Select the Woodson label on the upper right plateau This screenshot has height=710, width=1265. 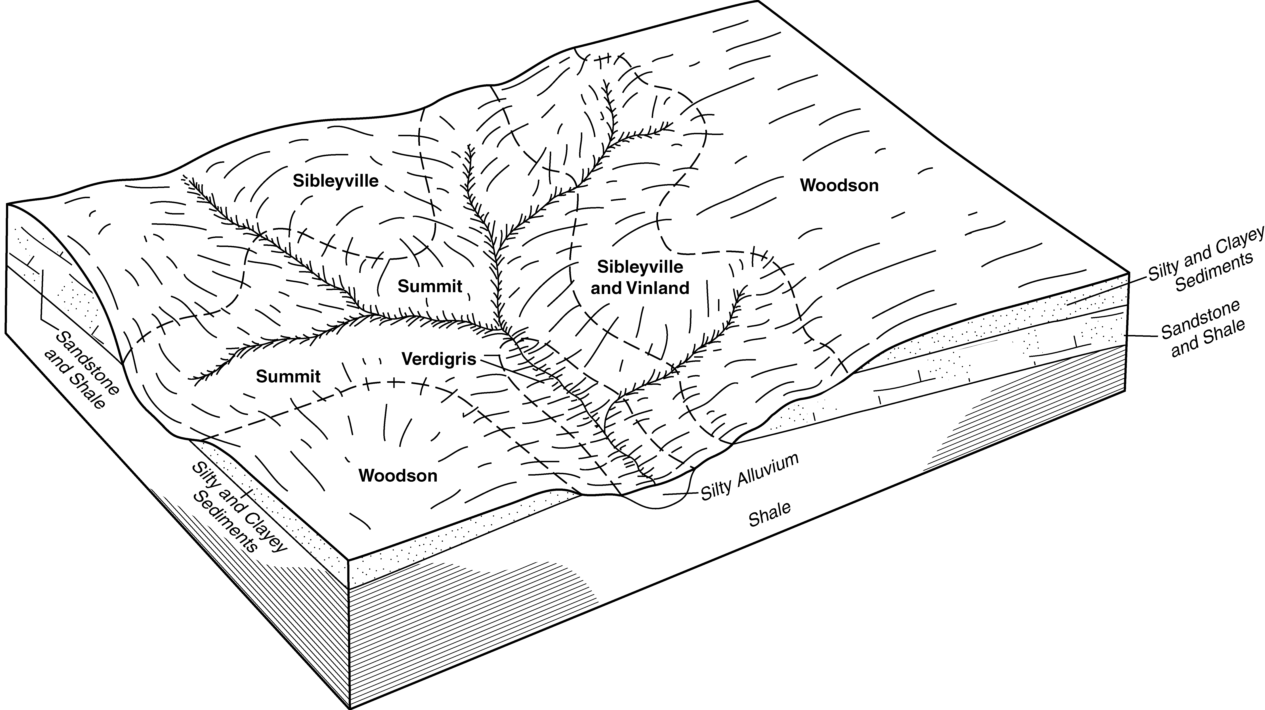point(839,185)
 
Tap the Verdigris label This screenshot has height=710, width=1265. point(439,359)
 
